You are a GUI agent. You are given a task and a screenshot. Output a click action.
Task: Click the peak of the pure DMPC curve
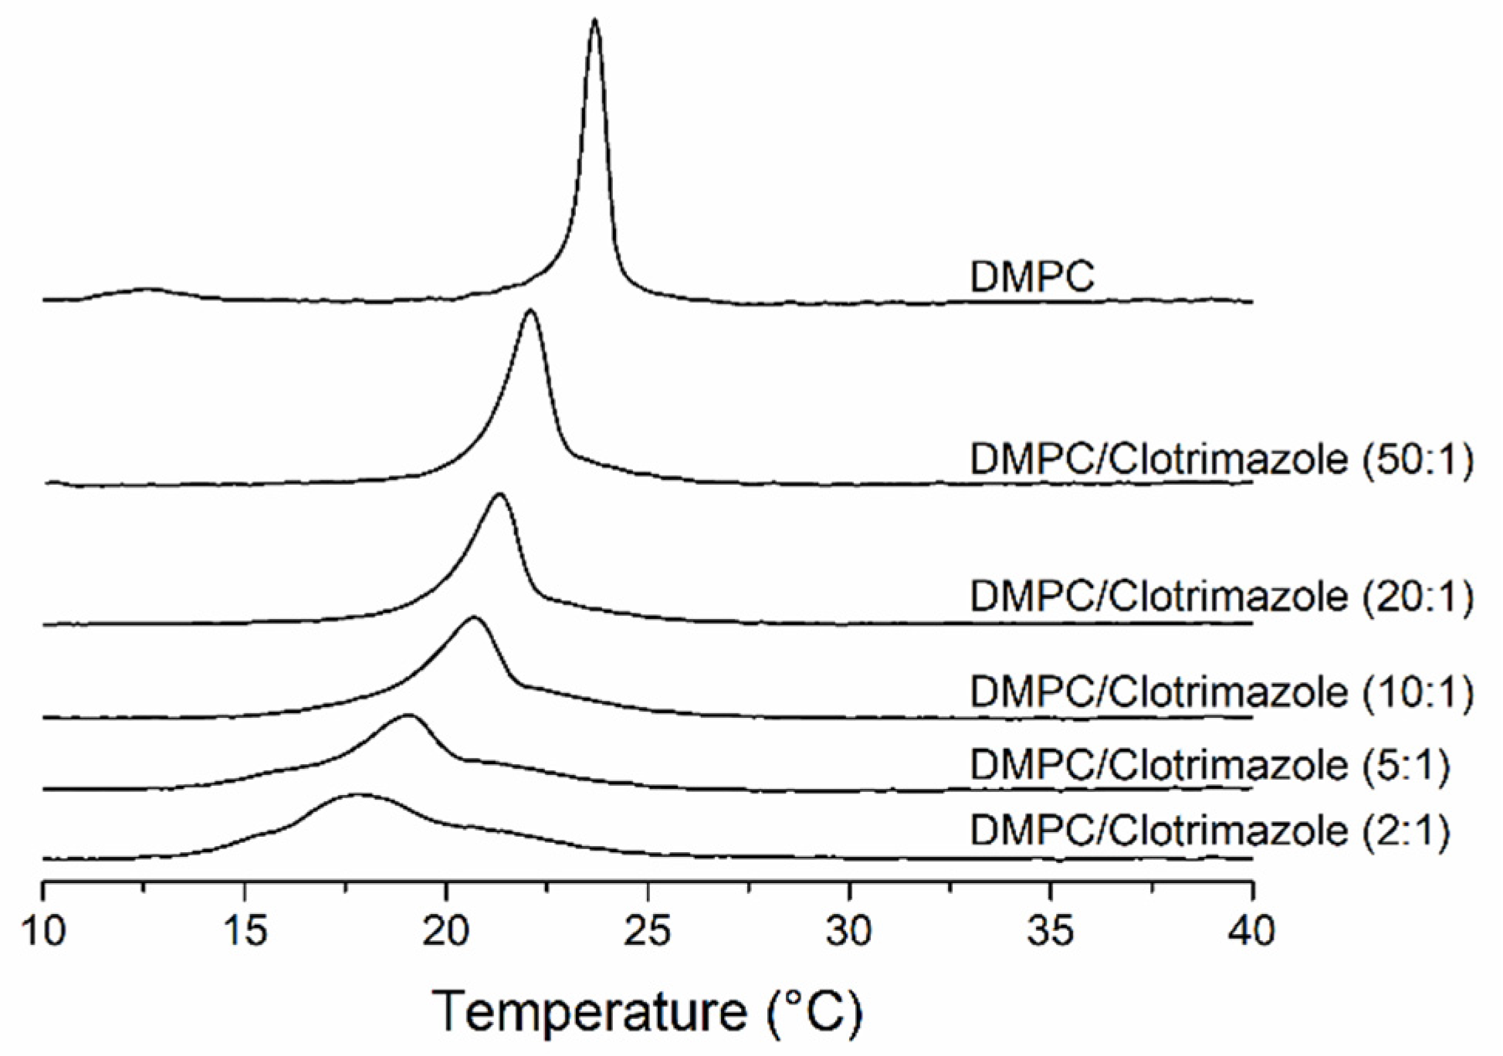pos(594,20)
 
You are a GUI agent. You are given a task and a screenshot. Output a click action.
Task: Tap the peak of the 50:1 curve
pos(530,311)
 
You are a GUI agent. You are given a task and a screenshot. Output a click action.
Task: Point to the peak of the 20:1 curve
pos(499,494)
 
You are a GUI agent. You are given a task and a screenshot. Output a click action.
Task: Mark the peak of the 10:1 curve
pos(474,618)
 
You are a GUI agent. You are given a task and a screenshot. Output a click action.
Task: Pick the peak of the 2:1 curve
pos(357,794)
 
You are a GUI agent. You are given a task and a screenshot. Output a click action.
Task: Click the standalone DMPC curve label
pos(1031,276)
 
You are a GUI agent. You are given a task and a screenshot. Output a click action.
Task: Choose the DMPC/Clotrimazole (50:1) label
pos(1220,460)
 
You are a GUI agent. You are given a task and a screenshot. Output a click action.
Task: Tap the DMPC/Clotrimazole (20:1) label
pos(1220,597)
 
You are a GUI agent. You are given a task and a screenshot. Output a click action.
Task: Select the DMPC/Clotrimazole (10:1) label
pos(1220,692)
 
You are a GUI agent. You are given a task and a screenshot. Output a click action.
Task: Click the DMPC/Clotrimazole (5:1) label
pos(1209,765)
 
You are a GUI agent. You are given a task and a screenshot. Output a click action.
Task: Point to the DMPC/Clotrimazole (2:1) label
pos(1209,831)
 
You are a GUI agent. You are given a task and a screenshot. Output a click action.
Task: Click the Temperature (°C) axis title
pos(647,1011)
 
